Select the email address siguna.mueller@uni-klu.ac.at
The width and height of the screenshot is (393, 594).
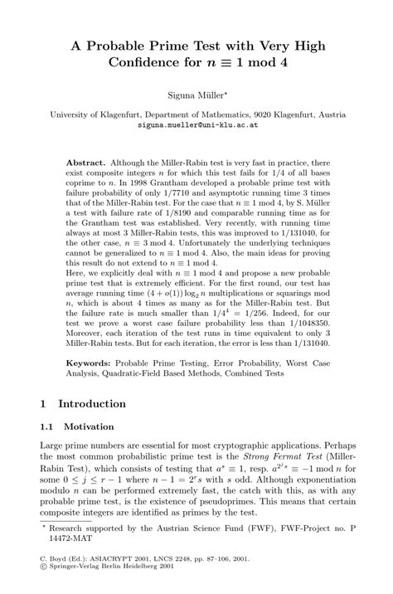point(196,126)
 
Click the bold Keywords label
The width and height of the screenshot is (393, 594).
point(90,363)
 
